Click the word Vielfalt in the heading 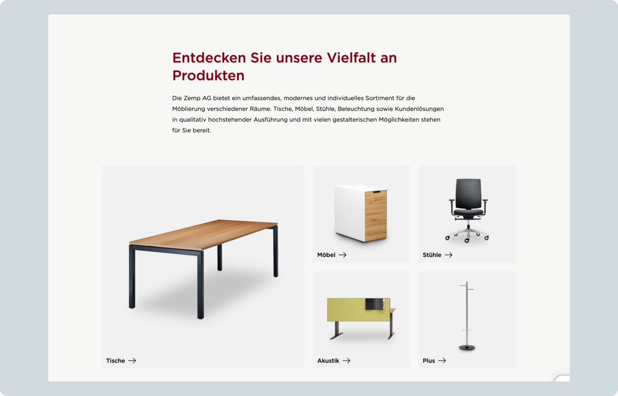pos(351,58)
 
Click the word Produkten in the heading pos(208,75)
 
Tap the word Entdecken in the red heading pos(209,58)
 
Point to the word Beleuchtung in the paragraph pos(356,109)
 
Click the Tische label pos(115,360)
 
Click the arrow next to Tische pos(132,360)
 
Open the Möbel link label pos(326,255)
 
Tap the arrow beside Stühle pos(449,255)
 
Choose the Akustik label pos(328,360)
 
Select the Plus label pos(428,360)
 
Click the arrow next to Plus pos(442,360)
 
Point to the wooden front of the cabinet pos(376,216)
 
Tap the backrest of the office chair pos(468,193)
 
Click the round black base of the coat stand pos(467,348)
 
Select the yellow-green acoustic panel pos(358,310)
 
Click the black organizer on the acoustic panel pos(375,304)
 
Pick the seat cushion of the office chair pos(468,212)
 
